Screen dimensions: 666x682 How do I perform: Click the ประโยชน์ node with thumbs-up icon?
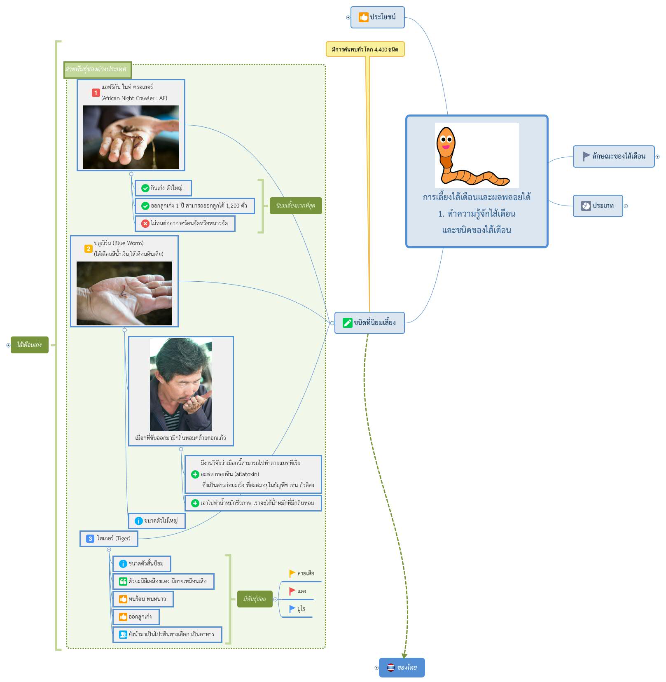click(x=377, y=17)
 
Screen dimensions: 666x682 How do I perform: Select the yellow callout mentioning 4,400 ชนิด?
click(x=365, y=49)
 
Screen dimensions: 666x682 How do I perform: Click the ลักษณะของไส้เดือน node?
click(x=614, y=156)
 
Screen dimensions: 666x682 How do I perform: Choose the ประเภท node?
click(x=598, y=206)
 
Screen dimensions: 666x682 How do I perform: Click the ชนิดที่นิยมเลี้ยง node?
click(x=369, y=323)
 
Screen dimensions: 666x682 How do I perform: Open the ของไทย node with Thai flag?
click(x=402, y=667)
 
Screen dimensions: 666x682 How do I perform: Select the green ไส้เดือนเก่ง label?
click(x=30, y=345)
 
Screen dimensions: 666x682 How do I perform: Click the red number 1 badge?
click(x=96, y=93)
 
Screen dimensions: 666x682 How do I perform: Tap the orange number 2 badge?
click(x=88, y=249)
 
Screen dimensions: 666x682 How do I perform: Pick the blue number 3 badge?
click(x=90, y=539)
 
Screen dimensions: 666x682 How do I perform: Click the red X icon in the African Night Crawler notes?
click(x=145, y=224)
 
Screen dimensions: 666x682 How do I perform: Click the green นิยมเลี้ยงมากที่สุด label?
click(x=296, y=206)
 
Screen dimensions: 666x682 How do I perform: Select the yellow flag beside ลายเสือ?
click(x=292, y=573)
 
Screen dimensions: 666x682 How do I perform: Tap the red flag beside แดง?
click(x=292, y=591)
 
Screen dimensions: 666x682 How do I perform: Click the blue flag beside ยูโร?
click(x=292, y=609)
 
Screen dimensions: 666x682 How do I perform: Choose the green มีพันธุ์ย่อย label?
click(x=255, y=599)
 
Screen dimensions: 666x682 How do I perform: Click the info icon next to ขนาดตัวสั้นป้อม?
click(x=123, y=564)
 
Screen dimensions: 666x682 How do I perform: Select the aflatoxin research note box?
click(x=253, y=474)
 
